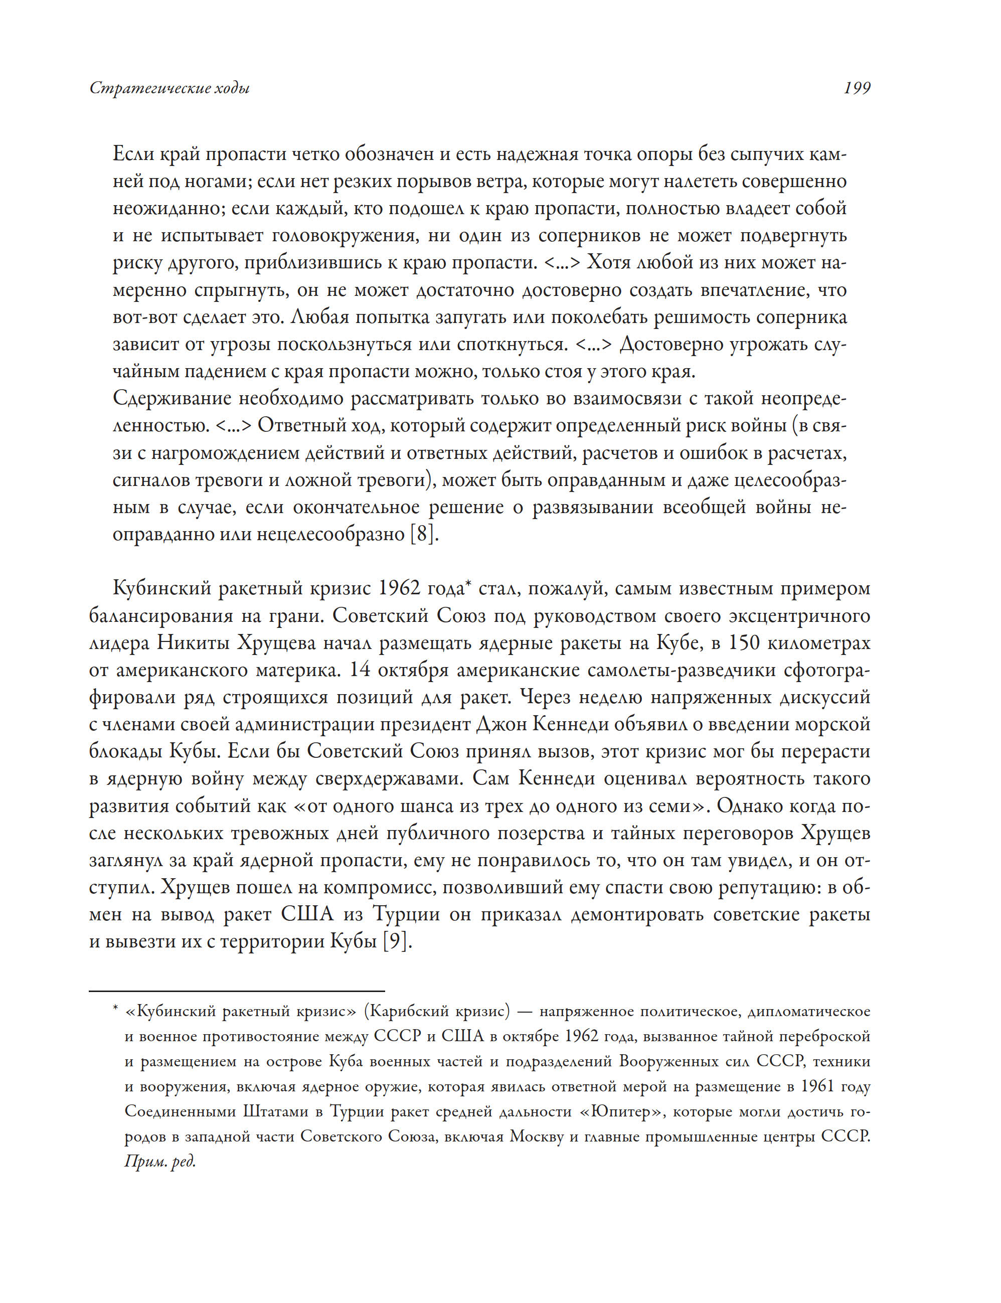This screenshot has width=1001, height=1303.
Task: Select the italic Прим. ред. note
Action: click(159, 1161)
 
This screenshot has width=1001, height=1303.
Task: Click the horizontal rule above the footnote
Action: click(237, 991)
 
